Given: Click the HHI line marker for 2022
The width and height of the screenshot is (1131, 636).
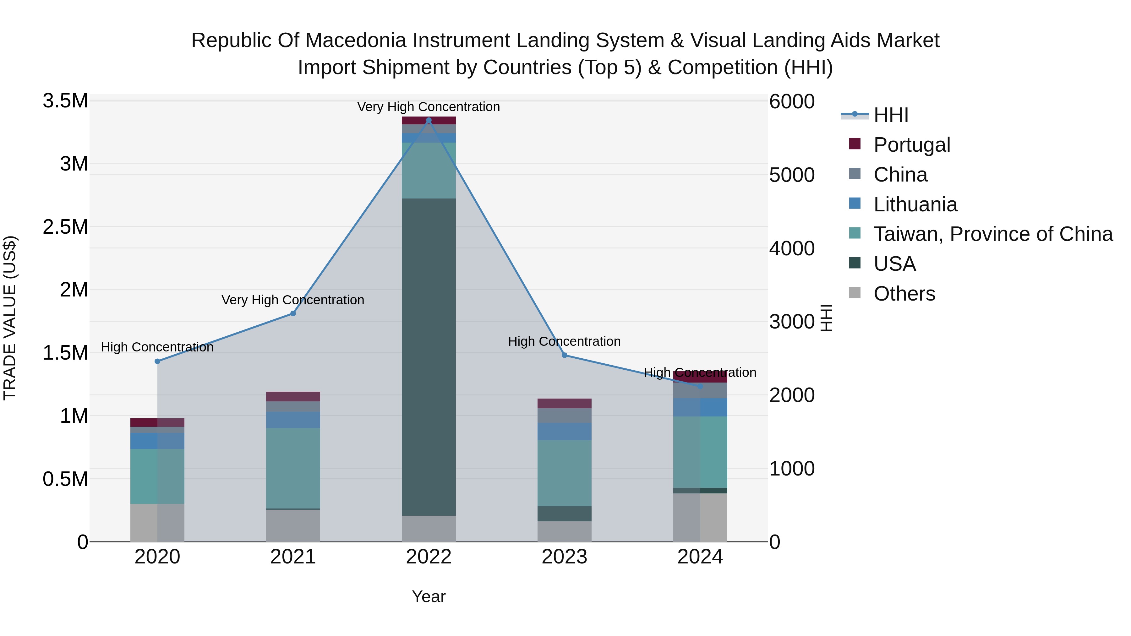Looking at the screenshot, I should [429, 120].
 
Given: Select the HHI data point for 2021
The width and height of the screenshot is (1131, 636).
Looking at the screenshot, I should [293, 313].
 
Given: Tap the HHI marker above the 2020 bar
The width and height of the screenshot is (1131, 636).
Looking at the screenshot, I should [157, 361].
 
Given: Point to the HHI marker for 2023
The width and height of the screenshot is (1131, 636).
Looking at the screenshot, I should [564, 355].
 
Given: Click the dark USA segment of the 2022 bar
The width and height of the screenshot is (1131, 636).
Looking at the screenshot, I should [429, 356].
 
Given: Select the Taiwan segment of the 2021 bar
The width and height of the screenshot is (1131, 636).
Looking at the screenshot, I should [293, 468].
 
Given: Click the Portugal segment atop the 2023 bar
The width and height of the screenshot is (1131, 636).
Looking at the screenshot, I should [564, 403].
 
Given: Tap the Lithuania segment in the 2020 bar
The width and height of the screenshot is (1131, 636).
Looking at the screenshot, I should [157, 441].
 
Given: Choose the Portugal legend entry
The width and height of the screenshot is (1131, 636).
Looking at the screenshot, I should [911, 145].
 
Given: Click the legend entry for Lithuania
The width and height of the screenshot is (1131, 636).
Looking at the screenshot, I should [915, 204].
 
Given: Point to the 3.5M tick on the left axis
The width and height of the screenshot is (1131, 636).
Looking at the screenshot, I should [65, 101].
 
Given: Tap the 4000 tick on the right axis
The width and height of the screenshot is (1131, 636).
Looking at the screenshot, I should [792, 248].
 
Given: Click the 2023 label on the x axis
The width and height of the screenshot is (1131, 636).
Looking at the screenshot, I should [564, 557].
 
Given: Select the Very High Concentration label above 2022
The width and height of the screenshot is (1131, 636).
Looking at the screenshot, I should [429, 107].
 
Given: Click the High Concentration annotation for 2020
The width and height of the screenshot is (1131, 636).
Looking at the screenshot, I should [157, 347].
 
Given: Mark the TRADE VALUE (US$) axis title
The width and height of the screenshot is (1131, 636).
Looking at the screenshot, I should [10, 318].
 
